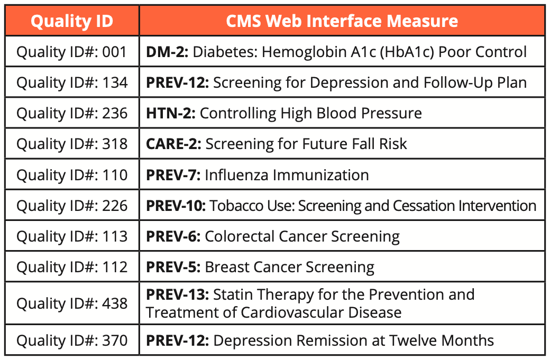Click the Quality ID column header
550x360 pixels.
(71, 21)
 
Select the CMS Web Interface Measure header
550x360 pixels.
(342, 21)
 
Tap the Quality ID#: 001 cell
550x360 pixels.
(72, 52)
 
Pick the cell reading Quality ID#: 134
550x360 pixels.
(72, 82)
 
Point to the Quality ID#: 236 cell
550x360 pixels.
(72, 113)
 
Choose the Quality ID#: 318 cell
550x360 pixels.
(72, 144)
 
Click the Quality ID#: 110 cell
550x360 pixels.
(72, 174)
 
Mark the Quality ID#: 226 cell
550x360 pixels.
(72, 205)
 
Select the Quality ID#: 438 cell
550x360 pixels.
(72, 303)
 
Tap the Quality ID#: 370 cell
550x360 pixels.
(72, 340)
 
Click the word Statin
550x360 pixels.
(233, 294)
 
